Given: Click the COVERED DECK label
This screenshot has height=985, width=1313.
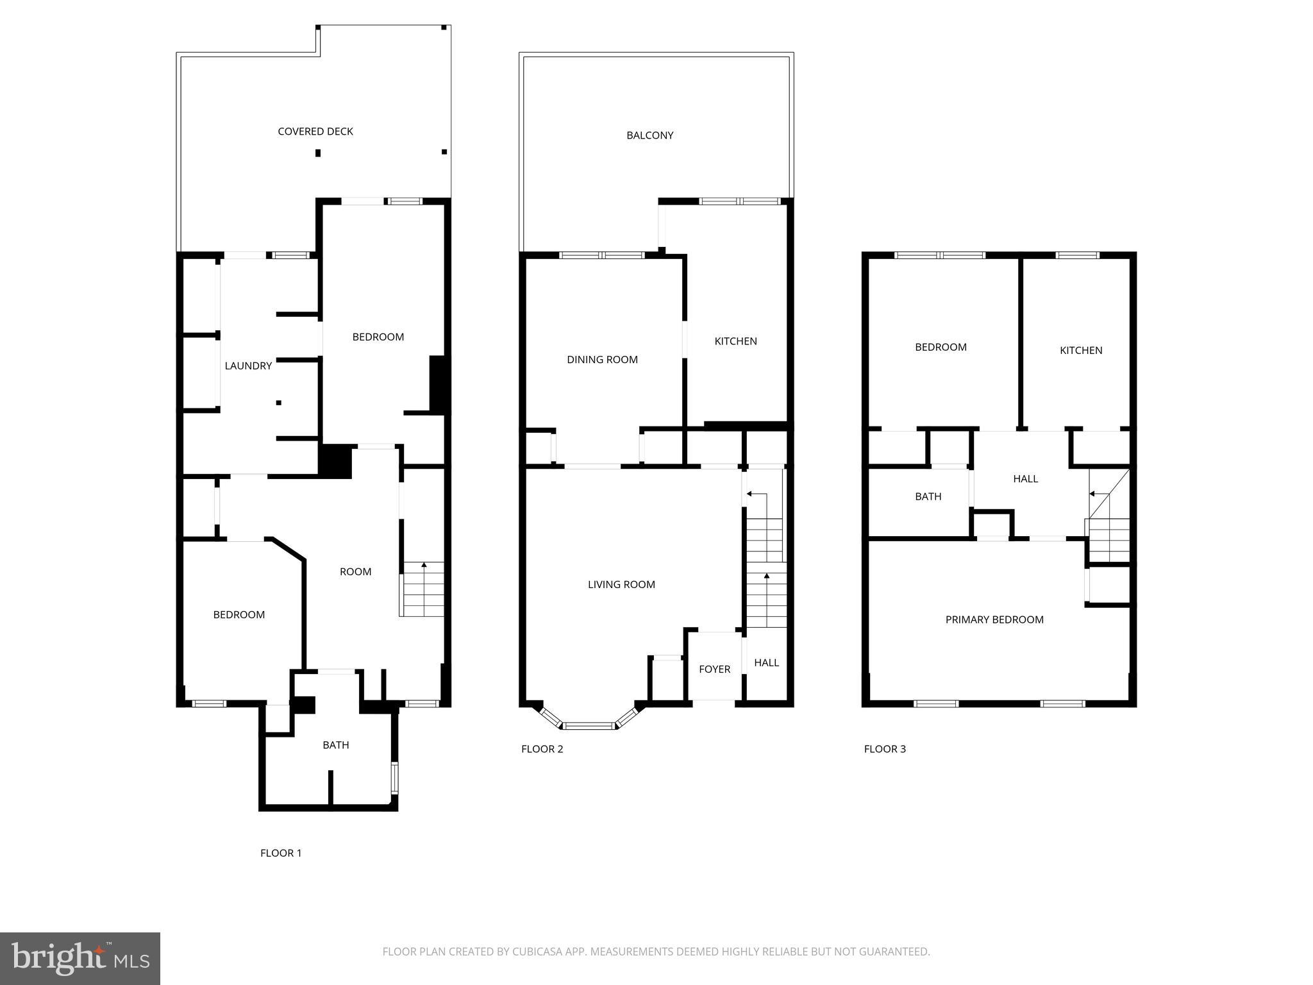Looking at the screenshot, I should pyautogui.click(x=315, y=131).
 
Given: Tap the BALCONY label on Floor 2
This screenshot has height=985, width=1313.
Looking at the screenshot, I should pyautogui.click(x=649, y=135).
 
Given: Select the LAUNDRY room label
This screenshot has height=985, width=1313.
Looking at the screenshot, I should pyautogui.click(x=248, y=366).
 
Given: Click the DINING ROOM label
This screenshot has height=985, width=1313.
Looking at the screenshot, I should pyautogui.click(x=602, y=360).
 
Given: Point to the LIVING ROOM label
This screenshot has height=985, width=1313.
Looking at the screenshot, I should pyautogui.click(x=621, y=585).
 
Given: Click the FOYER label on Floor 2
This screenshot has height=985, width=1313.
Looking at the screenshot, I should pyautogui.click(x=714, y=669).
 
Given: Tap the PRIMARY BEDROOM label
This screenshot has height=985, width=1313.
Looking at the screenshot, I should pyautogui.click(x=994, y=619).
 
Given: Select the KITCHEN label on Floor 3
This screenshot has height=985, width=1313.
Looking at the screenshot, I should pyautogui.click(x=1080, y=350).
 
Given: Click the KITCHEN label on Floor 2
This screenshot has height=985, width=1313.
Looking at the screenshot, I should pyautogui.click(x=735, y=341).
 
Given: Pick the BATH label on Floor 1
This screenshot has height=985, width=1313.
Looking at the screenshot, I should pyautogui.click(x=335, y=745).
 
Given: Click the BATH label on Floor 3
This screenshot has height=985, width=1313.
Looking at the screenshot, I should pyautogui.click(x=928, y=496).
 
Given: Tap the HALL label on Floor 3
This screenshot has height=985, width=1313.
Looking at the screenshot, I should pyautogui.click(x=1025, y=479).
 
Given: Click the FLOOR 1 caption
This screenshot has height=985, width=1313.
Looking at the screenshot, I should pyautogui.click(x=280, y=853).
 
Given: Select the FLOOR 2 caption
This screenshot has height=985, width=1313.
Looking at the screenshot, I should pyautogui.click(x=542, y=749).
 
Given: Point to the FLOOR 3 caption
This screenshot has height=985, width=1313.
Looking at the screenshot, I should pyautogui.click(x=884, y=749).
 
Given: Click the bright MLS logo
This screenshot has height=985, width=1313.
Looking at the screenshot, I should pyautogui.click(x=79, y=959).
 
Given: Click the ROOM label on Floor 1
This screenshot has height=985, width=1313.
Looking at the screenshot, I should pyautogui.click(x=355, y=572).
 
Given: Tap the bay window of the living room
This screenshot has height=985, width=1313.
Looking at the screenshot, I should pyautogui.click(x=589, y=725).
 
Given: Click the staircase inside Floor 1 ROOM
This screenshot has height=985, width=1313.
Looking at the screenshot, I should pyautogui.click(x=422, y=590).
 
